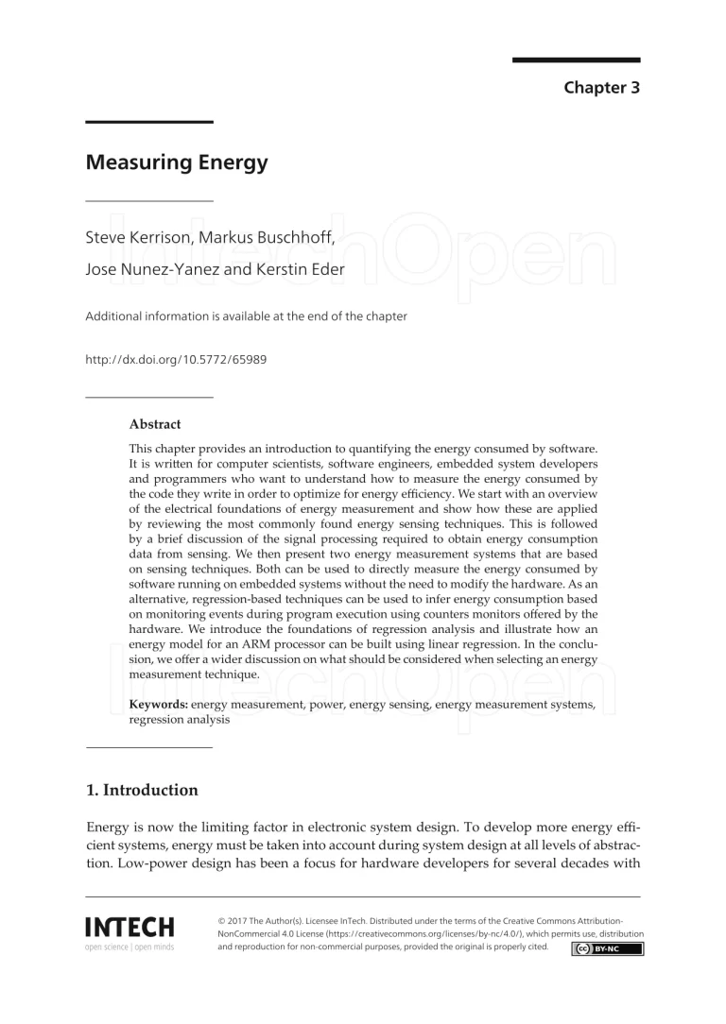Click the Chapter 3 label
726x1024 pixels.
(x=602, y=88)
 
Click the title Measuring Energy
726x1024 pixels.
(x=177, y=162)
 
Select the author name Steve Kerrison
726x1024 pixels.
(x=139, y=237)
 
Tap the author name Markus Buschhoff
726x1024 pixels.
(x=266, y=237)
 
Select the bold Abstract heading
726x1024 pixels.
(x=155, y=424)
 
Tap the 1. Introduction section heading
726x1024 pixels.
(x=142, y=790)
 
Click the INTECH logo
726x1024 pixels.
(x=130, y=928)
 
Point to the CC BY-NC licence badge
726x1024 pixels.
(x=607, y=948)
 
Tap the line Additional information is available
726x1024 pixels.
(x=246, y=316)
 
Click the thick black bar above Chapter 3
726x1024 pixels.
(x=576, y=61)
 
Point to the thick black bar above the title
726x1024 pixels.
(x=149, y=122)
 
